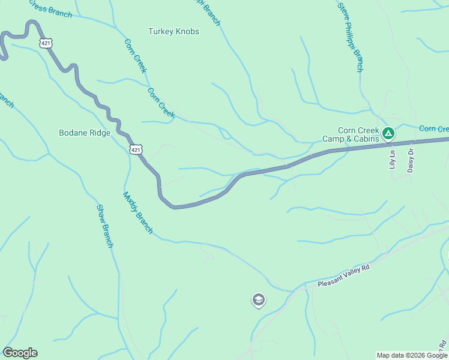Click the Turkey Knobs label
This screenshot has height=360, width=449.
click(173, 31)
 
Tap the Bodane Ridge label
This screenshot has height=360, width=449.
click(85, 133)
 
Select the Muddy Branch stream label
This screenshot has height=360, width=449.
click(138, 213)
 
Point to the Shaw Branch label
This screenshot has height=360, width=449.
click(104, 226)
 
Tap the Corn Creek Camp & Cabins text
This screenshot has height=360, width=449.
click(351, 134)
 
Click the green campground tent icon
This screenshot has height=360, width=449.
click(389, 133)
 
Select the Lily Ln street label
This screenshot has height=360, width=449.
click(393, 160)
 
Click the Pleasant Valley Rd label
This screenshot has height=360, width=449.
click(344, 279)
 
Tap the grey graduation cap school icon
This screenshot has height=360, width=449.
click(258, 299)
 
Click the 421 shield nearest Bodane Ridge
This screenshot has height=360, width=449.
click(136, 149)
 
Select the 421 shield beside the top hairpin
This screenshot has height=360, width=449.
click(47, 43)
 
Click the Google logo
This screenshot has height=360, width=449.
click(20, 353)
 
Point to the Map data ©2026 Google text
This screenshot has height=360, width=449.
click(412, 355)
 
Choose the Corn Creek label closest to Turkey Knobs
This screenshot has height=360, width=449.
click(135, 56)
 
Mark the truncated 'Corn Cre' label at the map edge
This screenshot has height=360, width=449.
click(433, 129)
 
